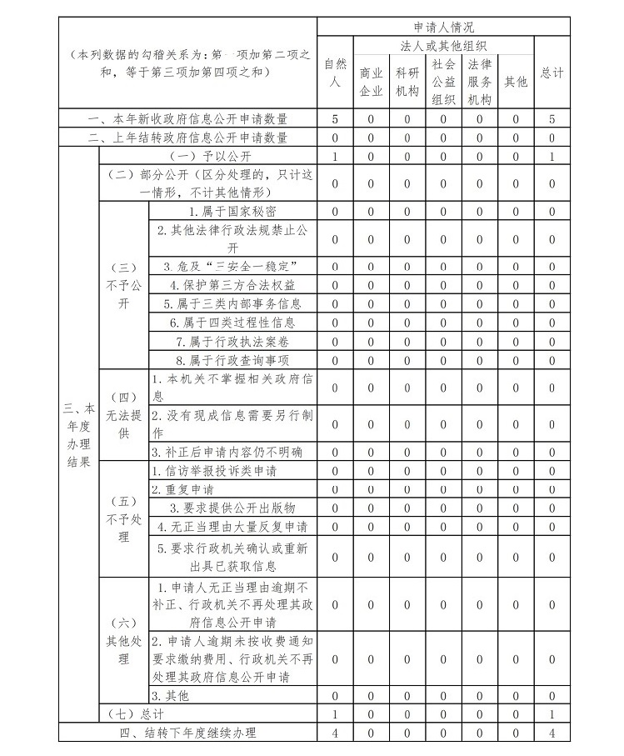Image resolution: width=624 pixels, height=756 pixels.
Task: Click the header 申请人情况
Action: (x=443, y=27)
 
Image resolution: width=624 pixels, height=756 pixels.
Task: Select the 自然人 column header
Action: (x=335, y=73)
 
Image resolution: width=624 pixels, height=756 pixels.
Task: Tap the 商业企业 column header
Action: (x=371, y=82)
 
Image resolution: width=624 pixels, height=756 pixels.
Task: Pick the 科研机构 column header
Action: (x=407, y=82)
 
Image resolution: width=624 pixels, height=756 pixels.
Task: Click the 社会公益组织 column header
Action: (x=443, y=82)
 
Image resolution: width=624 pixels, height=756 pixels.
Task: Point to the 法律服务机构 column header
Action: (x=480, y=82)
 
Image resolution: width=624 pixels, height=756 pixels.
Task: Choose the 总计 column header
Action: (x=552, y=73)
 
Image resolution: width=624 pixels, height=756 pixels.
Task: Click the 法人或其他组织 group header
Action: (x=443, y=45)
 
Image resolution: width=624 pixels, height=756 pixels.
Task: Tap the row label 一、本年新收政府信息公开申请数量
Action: (x=188, y=119)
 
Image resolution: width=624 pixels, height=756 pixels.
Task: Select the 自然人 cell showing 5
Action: (x=335, y=119)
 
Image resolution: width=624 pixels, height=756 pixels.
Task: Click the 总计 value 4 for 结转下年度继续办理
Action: (x=552, y=733)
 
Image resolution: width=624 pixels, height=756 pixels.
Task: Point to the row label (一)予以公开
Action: (x=208, y=156)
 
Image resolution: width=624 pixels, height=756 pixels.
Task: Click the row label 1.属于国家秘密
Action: (x=232, y=211)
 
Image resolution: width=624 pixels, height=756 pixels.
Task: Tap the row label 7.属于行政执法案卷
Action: (x=232, y=342)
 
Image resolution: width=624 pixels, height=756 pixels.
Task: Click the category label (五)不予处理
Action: (x=123, y=518)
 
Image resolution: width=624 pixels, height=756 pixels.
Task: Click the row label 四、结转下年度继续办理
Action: (x=188, y=733)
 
